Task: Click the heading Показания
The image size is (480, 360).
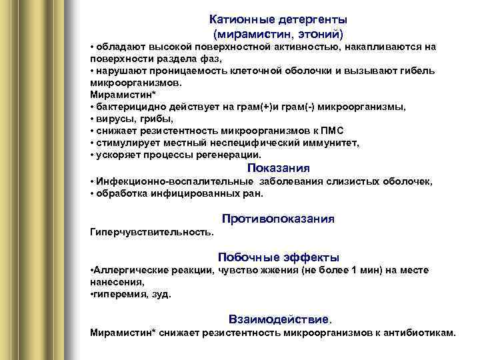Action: tap(278, 168)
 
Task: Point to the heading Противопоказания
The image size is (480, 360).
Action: tap(278, 219)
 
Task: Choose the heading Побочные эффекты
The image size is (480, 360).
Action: tap(278, 257)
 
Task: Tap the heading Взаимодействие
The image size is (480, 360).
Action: tap(278, 319)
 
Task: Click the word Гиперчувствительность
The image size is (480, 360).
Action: tap(151, 232)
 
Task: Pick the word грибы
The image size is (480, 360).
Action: tap(155, 119)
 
